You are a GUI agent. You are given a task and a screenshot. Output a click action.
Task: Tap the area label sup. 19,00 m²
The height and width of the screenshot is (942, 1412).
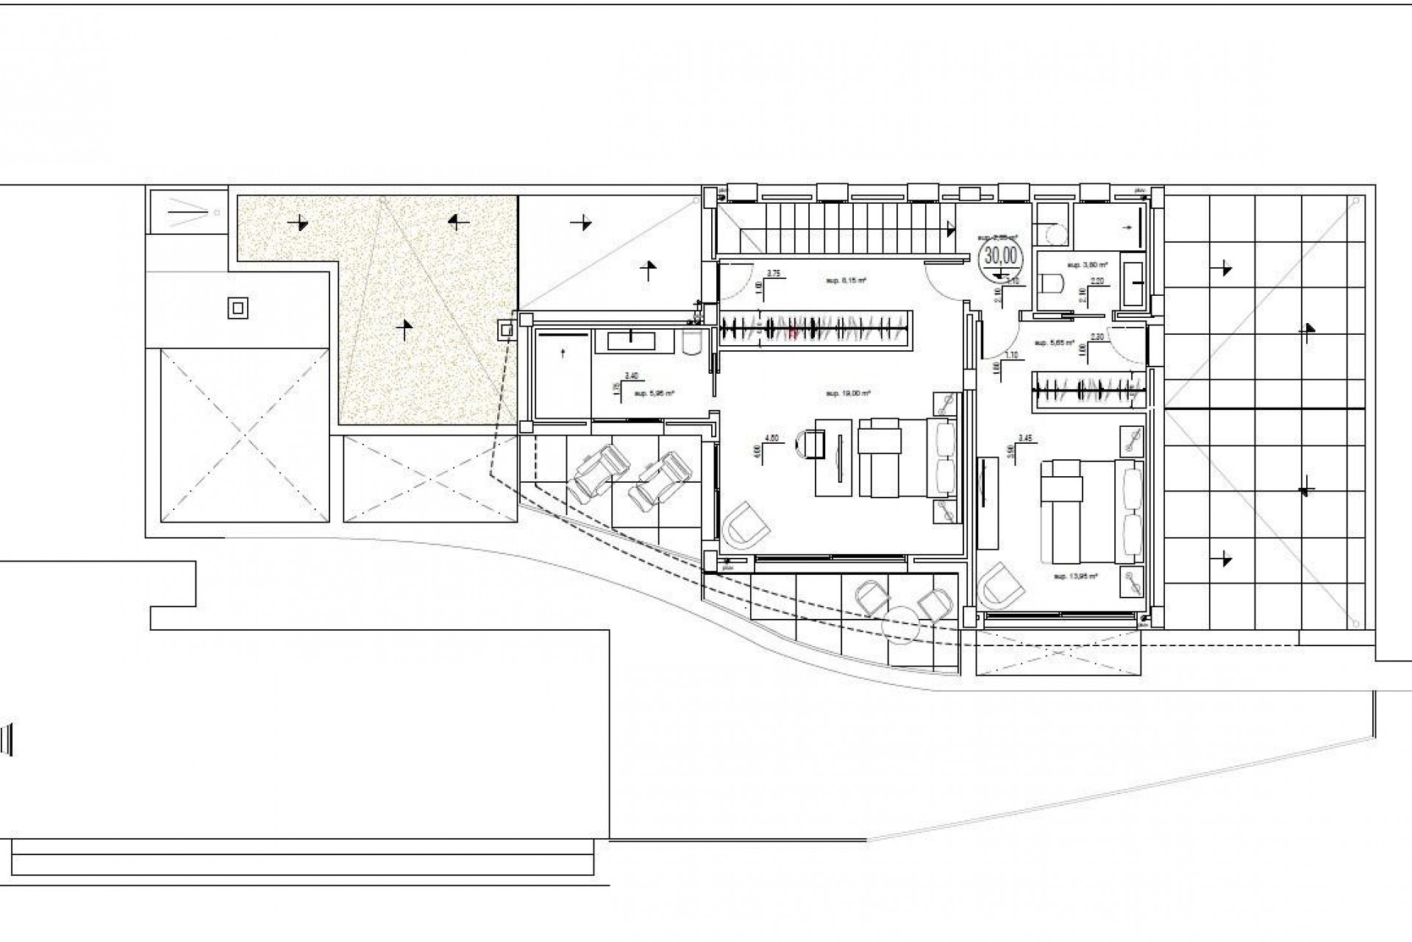(x=848, y=394)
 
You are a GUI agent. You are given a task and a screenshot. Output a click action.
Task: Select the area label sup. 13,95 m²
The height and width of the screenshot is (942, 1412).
(x=1075, y=576)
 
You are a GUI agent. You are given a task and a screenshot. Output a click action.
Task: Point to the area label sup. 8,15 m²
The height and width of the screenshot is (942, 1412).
(x=843, y=280)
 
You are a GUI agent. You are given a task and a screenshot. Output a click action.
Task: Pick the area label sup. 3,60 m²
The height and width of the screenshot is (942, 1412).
(x=1087, y=263)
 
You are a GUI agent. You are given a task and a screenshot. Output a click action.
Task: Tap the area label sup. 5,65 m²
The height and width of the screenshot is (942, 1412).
(x=1054, y=343)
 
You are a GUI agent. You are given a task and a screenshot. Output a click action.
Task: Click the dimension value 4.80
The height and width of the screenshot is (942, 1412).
(x=771, y=438)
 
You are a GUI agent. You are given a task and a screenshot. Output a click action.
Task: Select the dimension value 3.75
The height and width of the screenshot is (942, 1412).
(x=773, y=273)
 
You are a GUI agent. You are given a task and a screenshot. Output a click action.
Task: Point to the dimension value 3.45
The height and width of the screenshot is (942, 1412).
(x=1024, y=438)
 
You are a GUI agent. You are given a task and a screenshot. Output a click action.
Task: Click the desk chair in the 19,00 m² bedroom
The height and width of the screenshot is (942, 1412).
(x=808, y=444)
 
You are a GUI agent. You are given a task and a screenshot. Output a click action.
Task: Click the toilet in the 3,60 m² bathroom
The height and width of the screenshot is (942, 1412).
(x=1054, y=283)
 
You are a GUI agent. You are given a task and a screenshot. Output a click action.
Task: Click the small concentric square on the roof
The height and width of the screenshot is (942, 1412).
(x=238, y=308)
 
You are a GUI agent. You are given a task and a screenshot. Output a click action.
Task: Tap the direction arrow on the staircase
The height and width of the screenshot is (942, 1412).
(x=953, y=230)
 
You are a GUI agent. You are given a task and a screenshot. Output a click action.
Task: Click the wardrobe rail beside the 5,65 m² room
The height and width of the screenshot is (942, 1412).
(x=1088, y=388)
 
